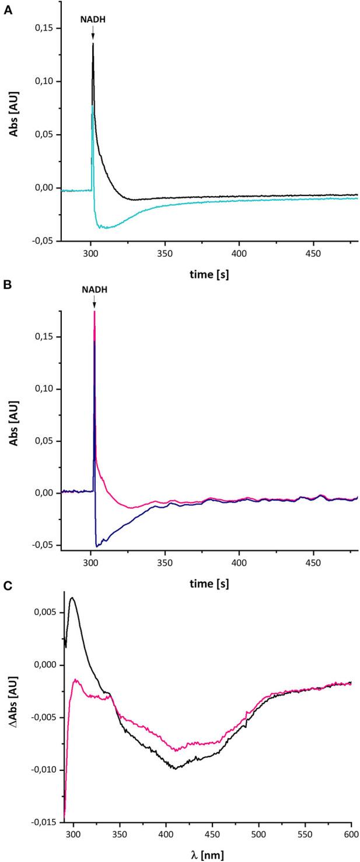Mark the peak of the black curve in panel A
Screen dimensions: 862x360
[x=93, y=44]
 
